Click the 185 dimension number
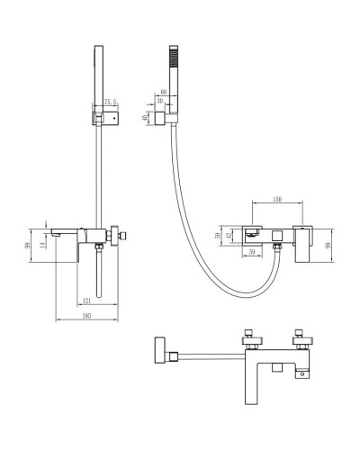(x=87, y=315)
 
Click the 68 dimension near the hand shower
(x=163, y=91)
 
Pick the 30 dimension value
(x=159, y=101)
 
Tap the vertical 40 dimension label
(x=146, y=116)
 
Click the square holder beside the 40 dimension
(x=159, y=117)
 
